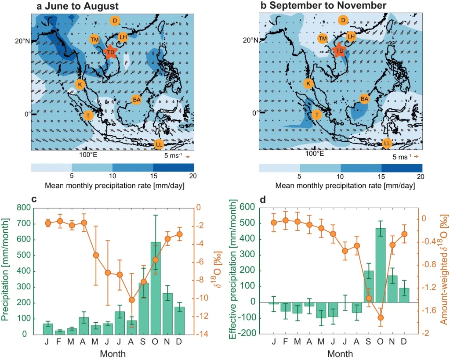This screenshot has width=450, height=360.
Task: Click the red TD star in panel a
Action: pyautogui.click(x=110, y=52)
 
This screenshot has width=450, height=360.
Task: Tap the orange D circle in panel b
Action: pyautogui.click(x=343, y=20)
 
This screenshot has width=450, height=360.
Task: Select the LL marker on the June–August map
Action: pyautogui.click(x=159, y=144)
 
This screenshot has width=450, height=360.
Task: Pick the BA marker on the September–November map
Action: pyautogui.click(x=364, y=99)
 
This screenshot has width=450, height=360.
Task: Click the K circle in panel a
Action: pyautogui.click(x=80, y=84)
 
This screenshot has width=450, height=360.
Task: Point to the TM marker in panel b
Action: pyautogui.click(x=323, y=39)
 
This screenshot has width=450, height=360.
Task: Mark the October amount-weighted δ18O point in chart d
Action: pyautogui.click(x=381, y=317)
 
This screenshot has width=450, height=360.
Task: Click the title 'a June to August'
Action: pyautogui.click(x=77, y=7)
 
